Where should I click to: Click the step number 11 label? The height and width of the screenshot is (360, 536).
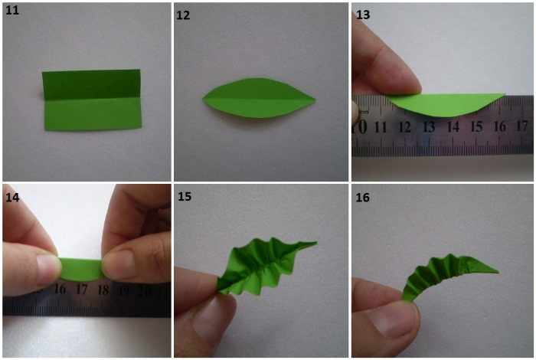[12, 10]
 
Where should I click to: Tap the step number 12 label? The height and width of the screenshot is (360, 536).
[183, 15]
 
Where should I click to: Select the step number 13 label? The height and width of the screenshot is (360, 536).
[363, 15]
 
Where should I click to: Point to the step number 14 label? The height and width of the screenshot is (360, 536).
[12, 198]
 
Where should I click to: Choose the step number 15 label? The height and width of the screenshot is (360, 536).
[185, 197]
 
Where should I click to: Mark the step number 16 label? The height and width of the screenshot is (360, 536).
[362, 198]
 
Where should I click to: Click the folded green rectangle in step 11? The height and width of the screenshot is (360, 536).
[92, 100]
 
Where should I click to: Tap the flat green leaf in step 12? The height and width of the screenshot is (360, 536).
[259, 98]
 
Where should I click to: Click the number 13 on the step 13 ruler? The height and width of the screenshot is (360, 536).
[429, 127]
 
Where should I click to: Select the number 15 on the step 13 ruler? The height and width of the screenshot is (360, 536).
[476, 126]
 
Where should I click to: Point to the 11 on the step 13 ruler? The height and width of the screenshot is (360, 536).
[381, 127]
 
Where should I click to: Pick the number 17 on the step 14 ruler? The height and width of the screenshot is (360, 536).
[81, 290]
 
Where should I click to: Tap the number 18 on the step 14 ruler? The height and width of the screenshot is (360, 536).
[103, 290]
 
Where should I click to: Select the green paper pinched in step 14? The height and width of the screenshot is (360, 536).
[81, 270]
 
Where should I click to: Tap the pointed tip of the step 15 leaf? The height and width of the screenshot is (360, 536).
[316, 243]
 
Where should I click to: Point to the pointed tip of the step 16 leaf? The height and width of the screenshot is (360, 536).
[498, 272]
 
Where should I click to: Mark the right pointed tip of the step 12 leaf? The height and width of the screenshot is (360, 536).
[315, 100]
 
